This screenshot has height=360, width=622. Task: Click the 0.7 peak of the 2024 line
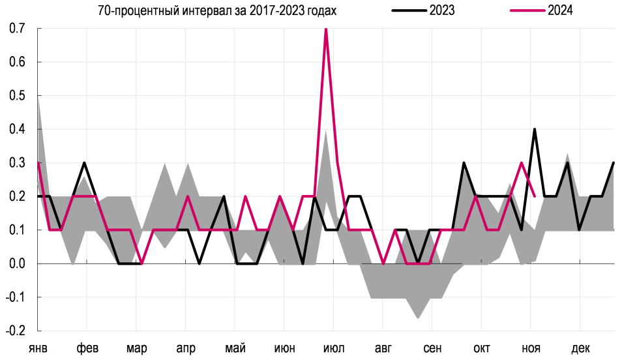tap(326, 30)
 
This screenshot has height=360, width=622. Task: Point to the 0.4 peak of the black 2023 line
tap(535, 129)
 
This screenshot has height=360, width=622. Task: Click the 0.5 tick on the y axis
tap(17, 96)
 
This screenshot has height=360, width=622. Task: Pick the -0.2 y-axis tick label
tap(16, 331)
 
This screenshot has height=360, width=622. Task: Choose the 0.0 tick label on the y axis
tap(17, 263)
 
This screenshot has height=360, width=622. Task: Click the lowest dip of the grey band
tap(418, 318)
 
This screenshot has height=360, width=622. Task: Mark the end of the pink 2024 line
tap(535, 196)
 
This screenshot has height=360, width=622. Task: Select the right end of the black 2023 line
tap(614, 163)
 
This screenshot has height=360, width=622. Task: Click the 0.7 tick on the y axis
tap(17, 29)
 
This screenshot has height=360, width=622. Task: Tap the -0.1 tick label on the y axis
tap(16, 297)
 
